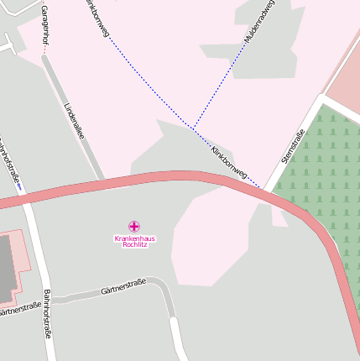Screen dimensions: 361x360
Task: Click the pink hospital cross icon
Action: click(x=134, y=226)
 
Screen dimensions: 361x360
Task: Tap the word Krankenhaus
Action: click(x=134, y=238)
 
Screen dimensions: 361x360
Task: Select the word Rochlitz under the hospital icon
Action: click(x=134, y=245)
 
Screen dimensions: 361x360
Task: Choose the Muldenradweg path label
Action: click(x=259, y=22)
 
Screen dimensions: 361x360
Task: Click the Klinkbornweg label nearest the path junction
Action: click(x=229, y=160)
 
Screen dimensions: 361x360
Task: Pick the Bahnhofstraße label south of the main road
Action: click(x=48, y=313)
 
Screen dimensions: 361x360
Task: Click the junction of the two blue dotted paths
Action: click(x=193, y=128)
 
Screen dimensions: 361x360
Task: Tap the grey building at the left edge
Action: click(x=5, y=269)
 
